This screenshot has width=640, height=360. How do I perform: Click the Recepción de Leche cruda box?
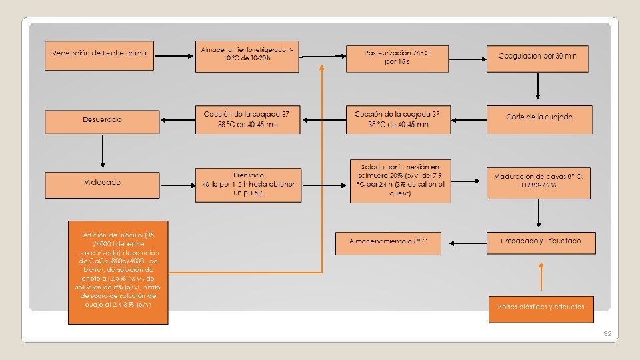pyautogui.click(x=99, y=55)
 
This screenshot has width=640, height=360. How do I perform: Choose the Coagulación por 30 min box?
pyautogui.click(x=538, y=58)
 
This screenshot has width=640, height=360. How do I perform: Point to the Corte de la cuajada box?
pyautogui.click(x=538, y=119)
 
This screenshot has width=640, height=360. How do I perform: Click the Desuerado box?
pyautogui.click(x=101, y=121)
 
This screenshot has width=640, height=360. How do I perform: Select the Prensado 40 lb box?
pyautogui.click(x=247, y=184)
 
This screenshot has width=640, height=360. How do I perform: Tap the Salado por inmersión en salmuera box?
pyautogui.click(x=400, y=180)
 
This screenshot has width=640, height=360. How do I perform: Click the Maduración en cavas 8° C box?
pyautogui.click(x=538, y=182)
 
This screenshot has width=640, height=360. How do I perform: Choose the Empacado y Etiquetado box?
pyautogui.click(x=541, y=242)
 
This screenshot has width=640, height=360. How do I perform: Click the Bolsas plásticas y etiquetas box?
pyautogui.click(x=541, y=308)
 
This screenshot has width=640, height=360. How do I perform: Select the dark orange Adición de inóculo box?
pyautogui.click(x=118, y=272)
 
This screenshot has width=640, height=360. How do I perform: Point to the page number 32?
pyautogui.click(x=607, y=333)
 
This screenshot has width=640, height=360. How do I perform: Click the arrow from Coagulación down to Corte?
pyautogui.click(x=538, y=87)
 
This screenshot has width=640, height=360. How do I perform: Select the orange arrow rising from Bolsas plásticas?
pyautogui.click(x=541, y=279)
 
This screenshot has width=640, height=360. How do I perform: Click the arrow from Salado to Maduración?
pyautogui.click(x=469, y=181)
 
